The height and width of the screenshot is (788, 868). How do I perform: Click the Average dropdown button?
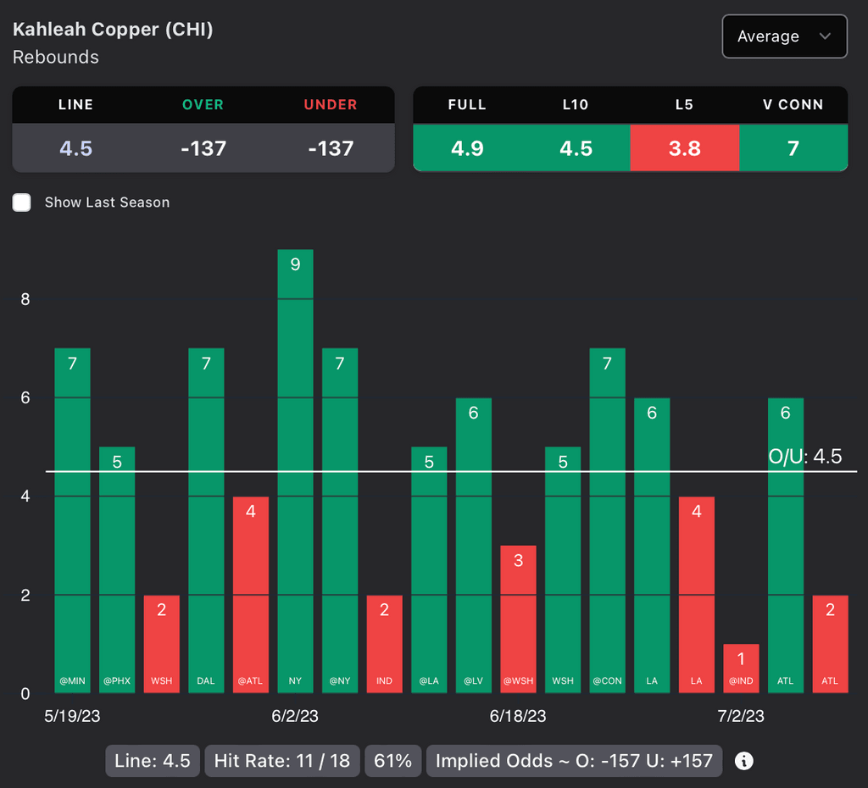[x=784, y=36]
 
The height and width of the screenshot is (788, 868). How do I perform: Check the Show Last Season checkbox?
[x=22, y=203]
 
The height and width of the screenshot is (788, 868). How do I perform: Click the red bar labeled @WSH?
[x=518, y=619]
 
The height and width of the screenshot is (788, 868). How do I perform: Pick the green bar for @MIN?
[x=72, y=520]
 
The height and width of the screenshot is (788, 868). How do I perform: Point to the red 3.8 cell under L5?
[x=684, y=148]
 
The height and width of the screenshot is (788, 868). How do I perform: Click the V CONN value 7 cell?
[x=793, y=148]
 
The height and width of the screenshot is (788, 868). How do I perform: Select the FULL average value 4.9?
[x=467, y=148]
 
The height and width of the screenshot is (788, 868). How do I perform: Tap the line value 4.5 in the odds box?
[x=75, y=148]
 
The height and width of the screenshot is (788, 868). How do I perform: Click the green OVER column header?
[x=203, y=105]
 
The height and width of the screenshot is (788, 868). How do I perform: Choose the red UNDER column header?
[x=331, y=105]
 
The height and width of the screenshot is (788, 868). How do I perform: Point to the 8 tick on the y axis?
[x=25, y=299]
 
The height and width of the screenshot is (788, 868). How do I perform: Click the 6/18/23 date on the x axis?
[x=518, y=716]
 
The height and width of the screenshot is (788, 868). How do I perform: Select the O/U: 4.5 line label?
[x=804, y=457]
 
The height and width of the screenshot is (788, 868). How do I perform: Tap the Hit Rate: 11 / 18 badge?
[x=282, y=761]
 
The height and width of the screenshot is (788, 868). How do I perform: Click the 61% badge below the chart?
[x=392, y=761]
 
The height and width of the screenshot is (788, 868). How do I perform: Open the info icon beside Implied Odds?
[x=744, y=761]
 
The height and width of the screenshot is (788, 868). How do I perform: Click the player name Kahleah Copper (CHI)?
[x=113, y=30]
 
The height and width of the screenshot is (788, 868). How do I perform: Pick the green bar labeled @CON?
[x=607, y=520]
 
